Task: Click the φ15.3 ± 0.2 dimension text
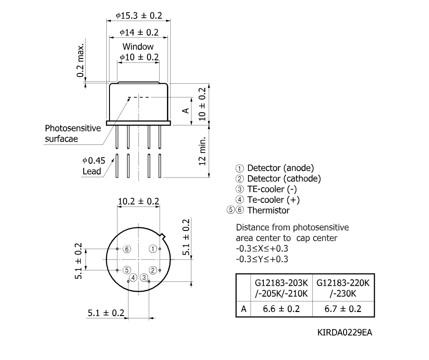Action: (x=139, y=15)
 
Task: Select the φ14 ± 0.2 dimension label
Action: (x=139, y=33)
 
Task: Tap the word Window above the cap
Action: (x=138, y=47)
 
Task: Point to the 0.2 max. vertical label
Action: (x=81, y=61)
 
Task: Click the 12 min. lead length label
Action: (x=202, y=151)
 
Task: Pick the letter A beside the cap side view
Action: (x=186, y=110)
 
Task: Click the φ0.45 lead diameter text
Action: (x=94, y=160)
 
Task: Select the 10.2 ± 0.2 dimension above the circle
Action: (x=138, y=202)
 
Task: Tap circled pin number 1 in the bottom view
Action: (x=153, y=249)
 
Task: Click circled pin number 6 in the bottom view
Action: (x=127, y=249)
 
